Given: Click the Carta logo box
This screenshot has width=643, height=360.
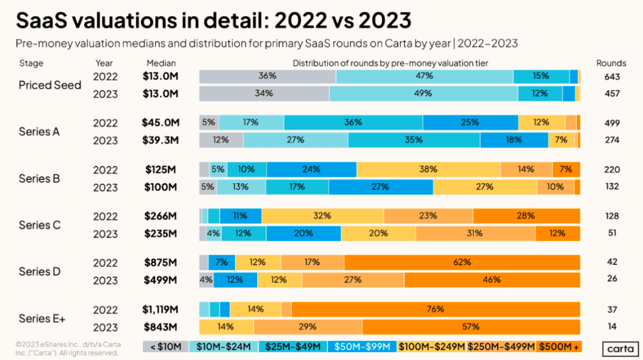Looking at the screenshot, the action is pyautogui.click(x=620, y=348).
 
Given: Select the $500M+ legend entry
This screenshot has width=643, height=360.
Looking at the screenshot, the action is pyautogui.click(x=559, y=347).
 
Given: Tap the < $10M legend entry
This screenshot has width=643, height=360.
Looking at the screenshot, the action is pyautogui.click(x=165, y=347).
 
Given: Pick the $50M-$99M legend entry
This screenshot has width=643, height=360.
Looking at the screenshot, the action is pyautogui.click(x=361, y=347).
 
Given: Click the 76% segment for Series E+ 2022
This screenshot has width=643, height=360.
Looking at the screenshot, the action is pyautogui.click(x=435, y=309).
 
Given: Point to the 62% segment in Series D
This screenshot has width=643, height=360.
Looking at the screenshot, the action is pyautogui.click(x=462, y=262).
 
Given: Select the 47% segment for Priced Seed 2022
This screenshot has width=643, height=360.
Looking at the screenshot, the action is pyautogui.click(x=424, y=77).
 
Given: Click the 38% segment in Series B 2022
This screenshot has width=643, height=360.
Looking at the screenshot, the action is pyautogui.click(x=428, y=170).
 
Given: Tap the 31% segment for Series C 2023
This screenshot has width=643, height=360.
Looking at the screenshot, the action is pyautogui.click(x=475, y=234).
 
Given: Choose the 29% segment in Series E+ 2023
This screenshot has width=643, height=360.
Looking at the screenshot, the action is pyautogui.click(x=308, y=327).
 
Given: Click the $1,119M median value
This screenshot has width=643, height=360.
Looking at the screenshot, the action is pyautogui.click(x=161, y=309).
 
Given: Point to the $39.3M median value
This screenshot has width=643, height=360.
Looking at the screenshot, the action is pyautogui.click(x=161, y=140).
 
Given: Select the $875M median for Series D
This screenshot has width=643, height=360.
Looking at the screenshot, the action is pyautogui.click(x=161, y=262).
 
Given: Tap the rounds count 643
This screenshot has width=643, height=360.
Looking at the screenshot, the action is pyautogui.click(x=612, y=77).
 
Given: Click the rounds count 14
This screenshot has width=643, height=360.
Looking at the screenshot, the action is pyautogui.click(x=612, y=326).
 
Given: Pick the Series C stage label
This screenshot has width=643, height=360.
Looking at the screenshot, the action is pyautogui.click(x=40, y=225).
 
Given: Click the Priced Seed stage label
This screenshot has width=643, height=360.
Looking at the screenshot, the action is pyautogui.click(x=50, y=85).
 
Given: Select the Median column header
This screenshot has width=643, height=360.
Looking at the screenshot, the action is pyautogui.click(x=161, y=63).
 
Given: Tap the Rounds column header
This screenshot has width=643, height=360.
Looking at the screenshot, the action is pyautogui.click(x=611, y=63).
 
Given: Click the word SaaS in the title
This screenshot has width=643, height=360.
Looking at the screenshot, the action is pyautogui.click(x=42, y=21).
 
